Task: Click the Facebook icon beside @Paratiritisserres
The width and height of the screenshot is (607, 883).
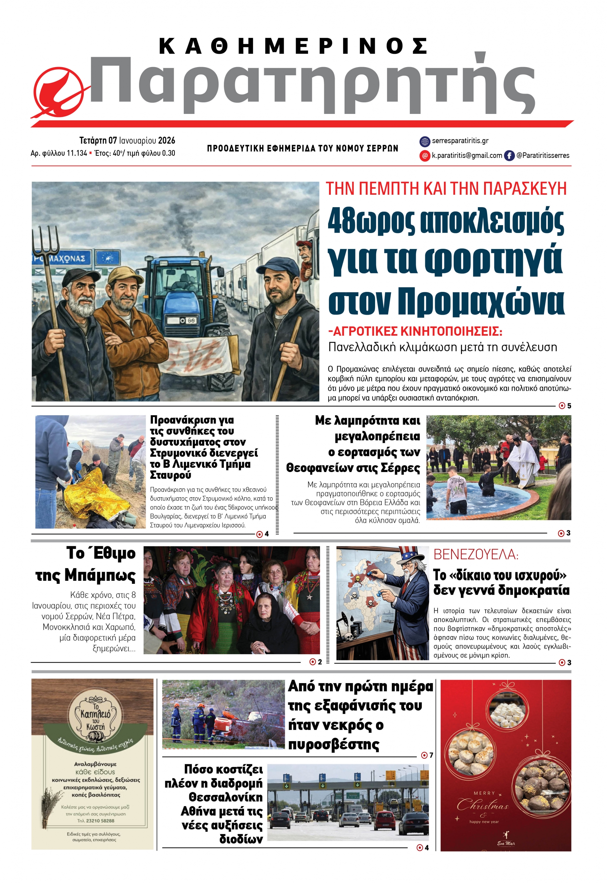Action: pos(509,155)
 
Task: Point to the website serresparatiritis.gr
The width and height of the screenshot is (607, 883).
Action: pos(460,141)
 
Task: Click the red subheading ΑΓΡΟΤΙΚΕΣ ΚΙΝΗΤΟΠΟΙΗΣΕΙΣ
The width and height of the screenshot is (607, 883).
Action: pos(415,331)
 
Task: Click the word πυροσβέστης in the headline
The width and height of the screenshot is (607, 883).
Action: pos(334,744)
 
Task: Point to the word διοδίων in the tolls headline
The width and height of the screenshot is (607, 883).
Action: pos(241,839)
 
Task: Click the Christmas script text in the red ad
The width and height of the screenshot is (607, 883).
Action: pos(482,805)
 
